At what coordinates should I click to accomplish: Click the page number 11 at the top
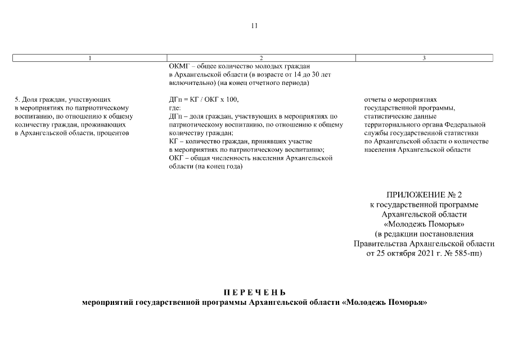coord(254,26)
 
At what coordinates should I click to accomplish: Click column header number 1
coord(90,58)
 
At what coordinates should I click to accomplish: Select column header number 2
coord(262,58)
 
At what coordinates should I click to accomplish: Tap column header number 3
coord(424,58)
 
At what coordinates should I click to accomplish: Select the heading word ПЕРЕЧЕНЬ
coord(255,292)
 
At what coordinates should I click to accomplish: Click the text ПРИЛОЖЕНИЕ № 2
coord(424,195)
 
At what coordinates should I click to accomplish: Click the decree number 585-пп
coord(466,253)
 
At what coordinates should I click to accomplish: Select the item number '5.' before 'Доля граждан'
coord(16,100)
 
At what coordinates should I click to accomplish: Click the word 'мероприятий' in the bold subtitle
coord(106,303)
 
